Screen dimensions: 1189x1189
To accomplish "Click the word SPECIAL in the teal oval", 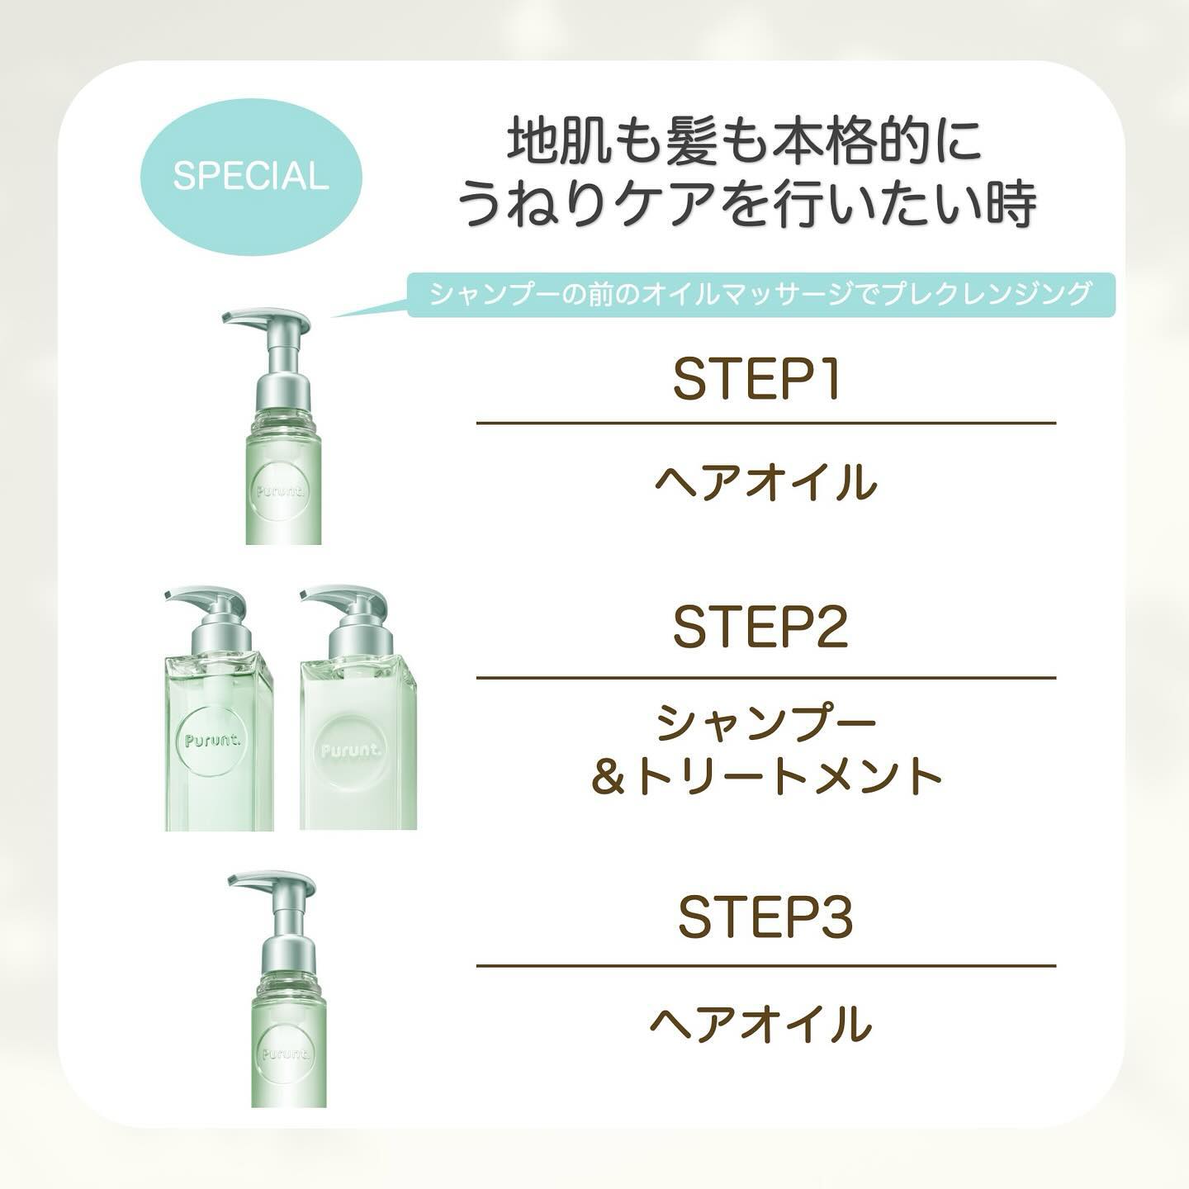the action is (x=250, y=177).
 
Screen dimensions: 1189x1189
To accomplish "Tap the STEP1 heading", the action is (x=756, y=380).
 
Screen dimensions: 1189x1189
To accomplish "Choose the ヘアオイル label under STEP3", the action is (x=760, y=1024).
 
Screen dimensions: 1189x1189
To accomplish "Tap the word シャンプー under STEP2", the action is (x=765, y=724).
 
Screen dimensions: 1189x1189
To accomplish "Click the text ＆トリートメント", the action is (x=765, y=777).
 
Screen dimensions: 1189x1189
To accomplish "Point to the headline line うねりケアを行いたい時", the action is (x=746, y=204).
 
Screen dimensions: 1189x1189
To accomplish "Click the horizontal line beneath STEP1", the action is (x=765, y=424).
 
